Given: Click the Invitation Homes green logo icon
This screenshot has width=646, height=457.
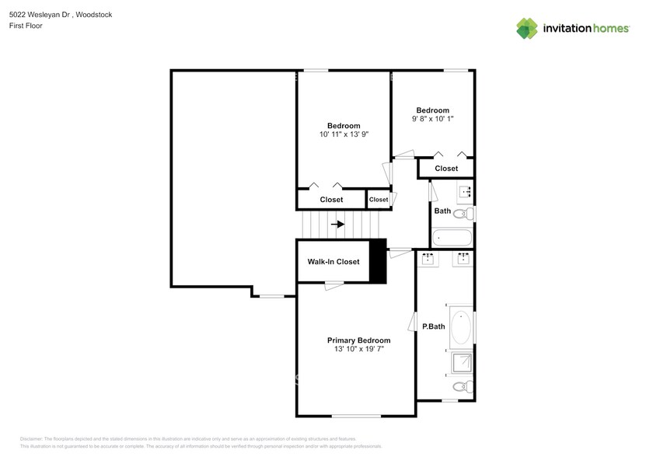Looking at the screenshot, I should (x=527, y=28).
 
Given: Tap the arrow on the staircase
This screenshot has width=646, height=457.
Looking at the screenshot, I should (x=337, y=225).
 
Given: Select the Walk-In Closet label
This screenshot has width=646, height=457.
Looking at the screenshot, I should (x=333, y=262).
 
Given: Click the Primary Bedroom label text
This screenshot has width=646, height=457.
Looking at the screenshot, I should (x=358, y=340).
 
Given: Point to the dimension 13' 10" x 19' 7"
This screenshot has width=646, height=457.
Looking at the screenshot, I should (x=358, y=350).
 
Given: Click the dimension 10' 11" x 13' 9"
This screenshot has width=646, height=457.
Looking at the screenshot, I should (x=343, y=134).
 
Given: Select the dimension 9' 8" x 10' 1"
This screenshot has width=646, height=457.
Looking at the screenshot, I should (x=432, y=119).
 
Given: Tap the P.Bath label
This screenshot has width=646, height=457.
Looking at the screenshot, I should (x=433, y=326).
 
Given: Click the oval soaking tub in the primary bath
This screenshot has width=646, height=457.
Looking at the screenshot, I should (x=461, y=327).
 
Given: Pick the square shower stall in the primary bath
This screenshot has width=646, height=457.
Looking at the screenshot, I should (x=463, y=362).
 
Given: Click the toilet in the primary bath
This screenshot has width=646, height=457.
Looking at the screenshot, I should (x=460, y=386).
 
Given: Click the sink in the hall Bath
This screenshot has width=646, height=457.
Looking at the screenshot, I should (x=466, y=191).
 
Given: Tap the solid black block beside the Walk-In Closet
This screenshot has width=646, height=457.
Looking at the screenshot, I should (x=378, y=263).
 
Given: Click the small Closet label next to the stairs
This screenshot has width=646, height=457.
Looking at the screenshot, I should (x=379, y=200).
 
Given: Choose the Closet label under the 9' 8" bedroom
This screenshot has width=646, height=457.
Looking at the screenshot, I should (x=446, y=169).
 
